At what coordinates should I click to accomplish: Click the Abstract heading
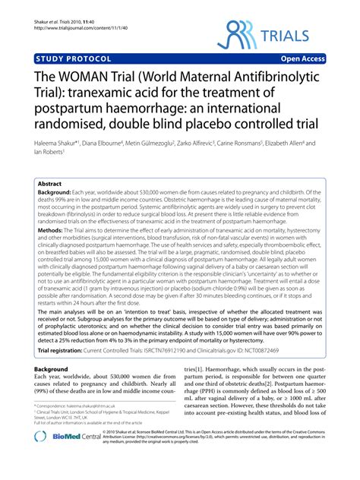[x=51, y=184]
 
